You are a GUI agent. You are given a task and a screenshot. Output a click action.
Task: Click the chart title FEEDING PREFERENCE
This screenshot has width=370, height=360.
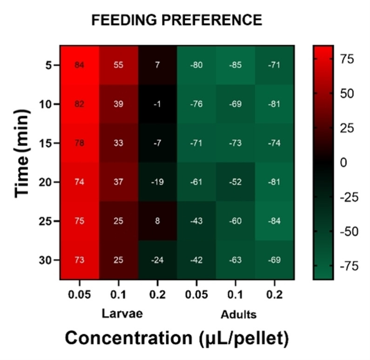tap(176, 20)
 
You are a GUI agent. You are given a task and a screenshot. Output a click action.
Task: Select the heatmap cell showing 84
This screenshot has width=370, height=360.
tap(80, 65)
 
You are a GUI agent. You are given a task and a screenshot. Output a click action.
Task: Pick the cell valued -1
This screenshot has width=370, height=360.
tap(157, 104)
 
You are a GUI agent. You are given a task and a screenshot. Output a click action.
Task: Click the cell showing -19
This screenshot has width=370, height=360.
tap(157, 182)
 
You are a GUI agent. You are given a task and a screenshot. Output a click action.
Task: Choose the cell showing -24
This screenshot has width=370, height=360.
tap(157, 260)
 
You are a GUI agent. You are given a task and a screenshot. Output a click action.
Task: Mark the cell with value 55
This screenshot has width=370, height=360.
tap(118, 65)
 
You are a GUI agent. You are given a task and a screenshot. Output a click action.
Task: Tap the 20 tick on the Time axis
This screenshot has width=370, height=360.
tap(45, 182)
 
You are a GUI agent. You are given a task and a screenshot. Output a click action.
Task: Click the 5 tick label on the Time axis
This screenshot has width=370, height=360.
tap(49, 65)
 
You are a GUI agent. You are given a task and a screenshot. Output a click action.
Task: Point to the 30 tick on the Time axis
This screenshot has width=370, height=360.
tap(45, 260)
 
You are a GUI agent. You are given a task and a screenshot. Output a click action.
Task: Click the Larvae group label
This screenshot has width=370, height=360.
tap(122, 313)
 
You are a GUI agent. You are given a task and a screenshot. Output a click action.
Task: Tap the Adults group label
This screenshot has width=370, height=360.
tap(238, 314)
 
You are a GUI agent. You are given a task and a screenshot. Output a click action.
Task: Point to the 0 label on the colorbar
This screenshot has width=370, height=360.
tap(343, 163)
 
